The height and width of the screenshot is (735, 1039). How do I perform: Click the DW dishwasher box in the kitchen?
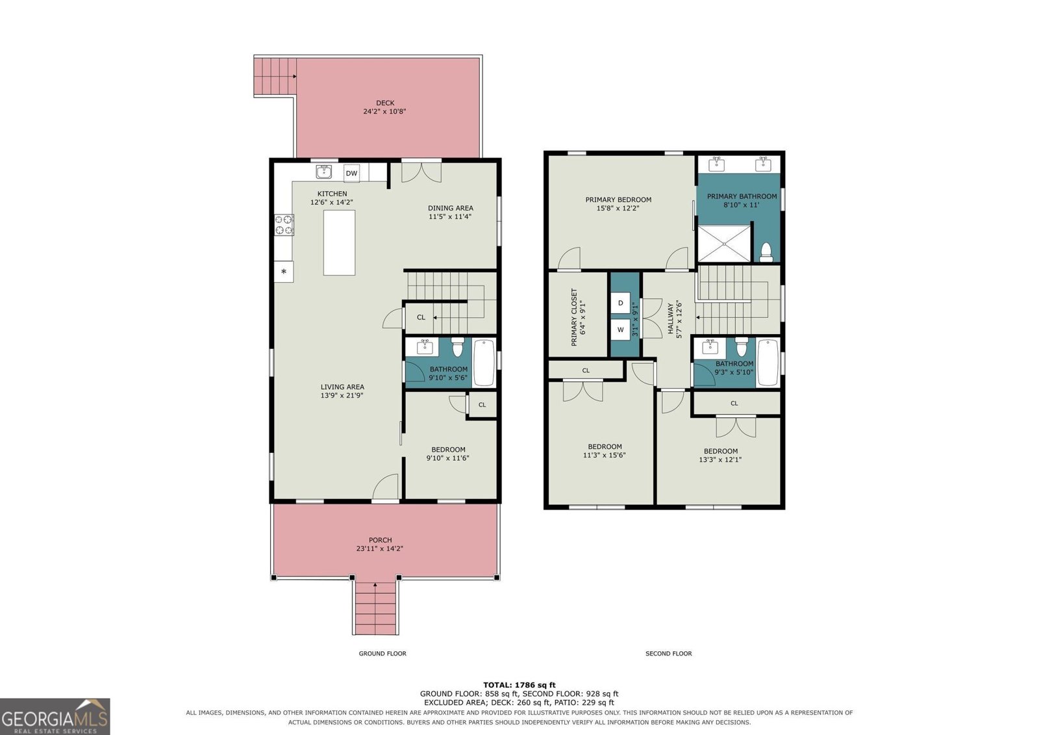pos(351,173)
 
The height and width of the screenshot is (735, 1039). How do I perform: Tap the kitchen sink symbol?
pos(324,172)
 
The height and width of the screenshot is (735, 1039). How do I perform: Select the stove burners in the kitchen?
pos(284,225)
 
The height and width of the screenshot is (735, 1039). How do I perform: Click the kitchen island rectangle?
pos(339,243)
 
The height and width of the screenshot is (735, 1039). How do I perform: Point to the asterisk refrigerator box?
pos(283,272)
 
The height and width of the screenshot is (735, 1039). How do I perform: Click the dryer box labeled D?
pos(620,303)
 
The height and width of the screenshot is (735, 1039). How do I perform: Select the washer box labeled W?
pos(620,330)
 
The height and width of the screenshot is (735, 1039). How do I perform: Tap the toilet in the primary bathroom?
pos(766,252)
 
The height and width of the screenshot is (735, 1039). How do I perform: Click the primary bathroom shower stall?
pos(724,244)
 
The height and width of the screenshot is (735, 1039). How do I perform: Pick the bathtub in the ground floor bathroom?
pos(484,363)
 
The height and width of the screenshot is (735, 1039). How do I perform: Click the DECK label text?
pos(385,103)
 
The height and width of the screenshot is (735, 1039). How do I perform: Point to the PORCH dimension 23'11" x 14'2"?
pos(380,548)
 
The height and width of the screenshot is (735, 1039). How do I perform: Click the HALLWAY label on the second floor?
pos(670,318)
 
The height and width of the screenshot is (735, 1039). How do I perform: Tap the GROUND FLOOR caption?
pos(382,653)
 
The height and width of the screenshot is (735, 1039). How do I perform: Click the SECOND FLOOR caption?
pos(668,653)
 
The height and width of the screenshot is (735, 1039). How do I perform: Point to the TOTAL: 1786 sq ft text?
pos(519,685)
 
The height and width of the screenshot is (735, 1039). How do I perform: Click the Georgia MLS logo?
pos(55,716)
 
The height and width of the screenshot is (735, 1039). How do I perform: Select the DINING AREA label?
pos(451,208)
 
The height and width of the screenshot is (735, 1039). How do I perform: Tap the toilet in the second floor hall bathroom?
pos(741,346)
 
